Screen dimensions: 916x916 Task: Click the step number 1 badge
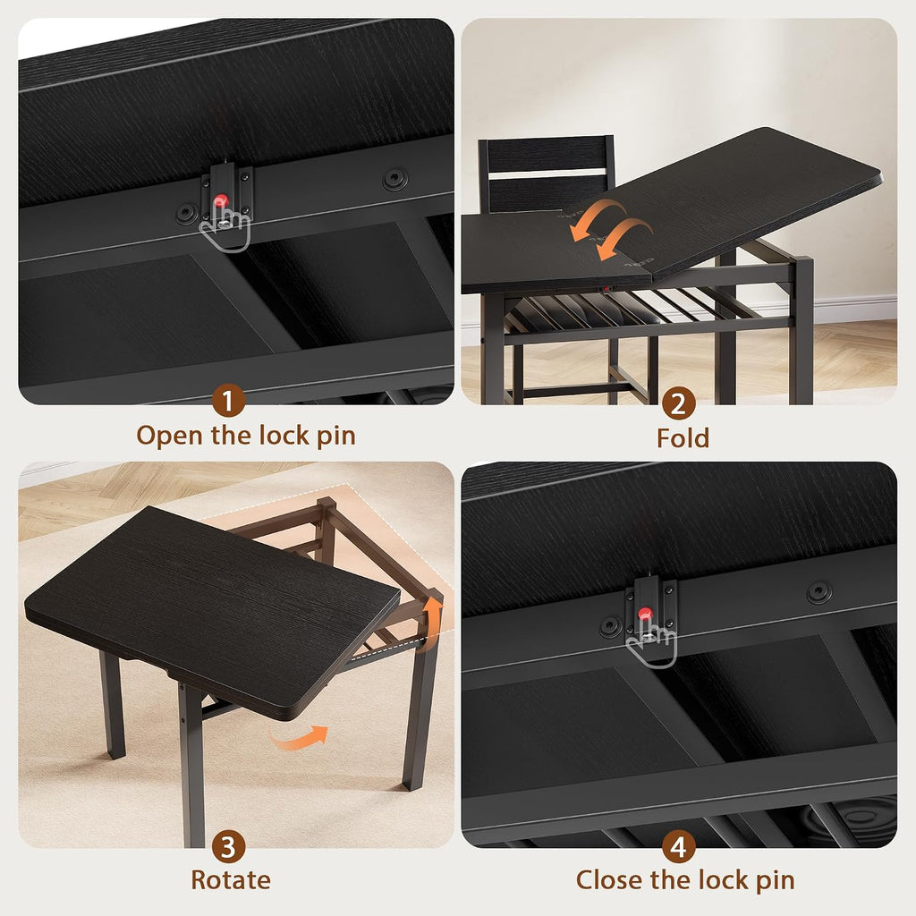pyautogui.click(x=228, y=401)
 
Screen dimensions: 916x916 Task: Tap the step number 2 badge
pyautogui.click(x=678, y=403)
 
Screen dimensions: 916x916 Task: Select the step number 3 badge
pyautogui.click(x=228, y=846)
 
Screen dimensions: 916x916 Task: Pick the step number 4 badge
pyautogui.click(x=678, y=846)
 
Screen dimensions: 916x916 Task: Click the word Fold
pyautogui.click(x=683, y=438)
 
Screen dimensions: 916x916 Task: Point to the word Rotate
pyautogui.click(x=231, y=880)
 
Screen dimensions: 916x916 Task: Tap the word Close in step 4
pyautogui.click(x=611, y=880)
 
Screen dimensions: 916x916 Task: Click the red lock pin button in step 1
pyautogui.click(x=220, y=201)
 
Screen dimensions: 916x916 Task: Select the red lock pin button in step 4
pyautogui.click(x=645, y=614)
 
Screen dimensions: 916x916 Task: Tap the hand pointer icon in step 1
pyautogui.click(x=225, y=228)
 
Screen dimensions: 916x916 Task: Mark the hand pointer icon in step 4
pyautogui.click(x=651, y=640)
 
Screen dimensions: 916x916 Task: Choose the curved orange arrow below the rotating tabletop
pyautogui.click(x=299, y=737)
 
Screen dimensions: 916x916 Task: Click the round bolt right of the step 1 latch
pyautogui.click(x=394, y=179)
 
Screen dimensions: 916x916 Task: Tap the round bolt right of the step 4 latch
pyautogui.click(x=819, y=592)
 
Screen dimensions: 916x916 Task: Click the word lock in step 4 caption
pyautogui.click(x=725, y=880)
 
